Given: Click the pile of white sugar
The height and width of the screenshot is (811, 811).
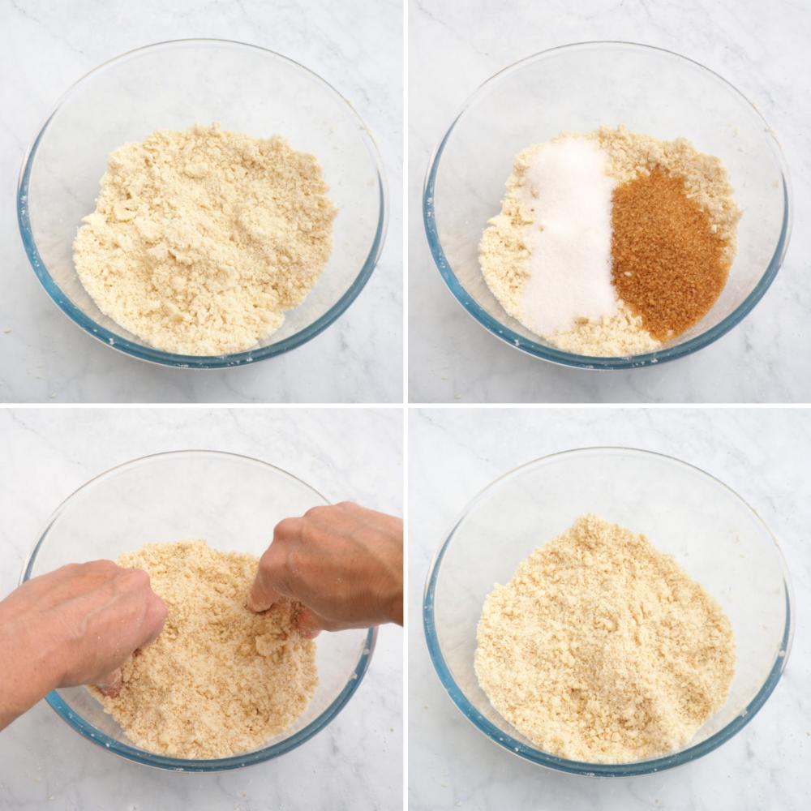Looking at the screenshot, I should tap(568, 235).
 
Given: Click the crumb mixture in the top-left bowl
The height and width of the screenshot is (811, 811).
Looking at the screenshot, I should tap(203, 243).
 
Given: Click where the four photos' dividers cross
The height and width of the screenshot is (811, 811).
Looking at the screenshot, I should tap(405, 405).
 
